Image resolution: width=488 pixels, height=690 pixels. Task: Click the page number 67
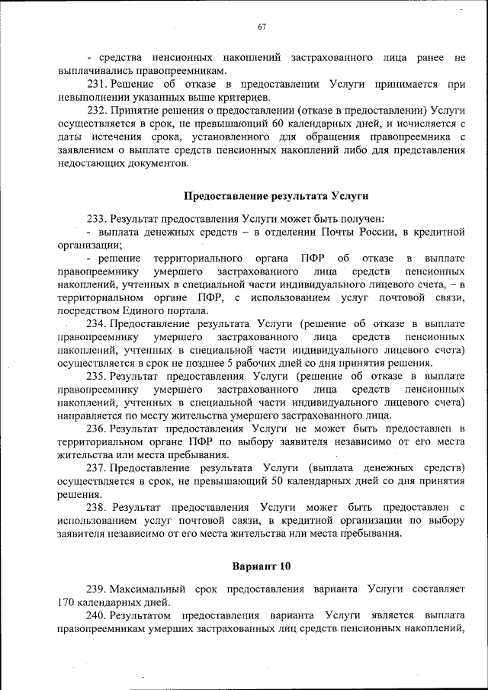262,27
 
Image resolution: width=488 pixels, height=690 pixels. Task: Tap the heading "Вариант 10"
261,566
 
